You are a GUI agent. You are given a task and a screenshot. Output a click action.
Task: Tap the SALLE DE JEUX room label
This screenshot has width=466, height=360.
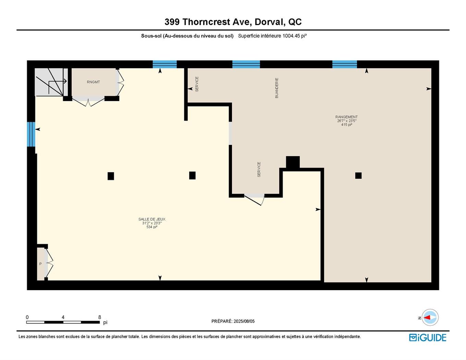click(x=152, y=219)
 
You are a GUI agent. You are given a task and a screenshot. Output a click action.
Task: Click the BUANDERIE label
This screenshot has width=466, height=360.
click(x=277, y=88)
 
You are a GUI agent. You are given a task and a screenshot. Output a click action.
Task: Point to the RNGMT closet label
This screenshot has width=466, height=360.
click(x=93, y=82)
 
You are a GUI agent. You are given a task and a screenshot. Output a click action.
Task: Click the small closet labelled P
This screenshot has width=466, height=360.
click(x=41, y=264)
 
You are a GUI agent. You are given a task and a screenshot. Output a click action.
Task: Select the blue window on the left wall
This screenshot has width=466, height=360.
click(x=31, y=134)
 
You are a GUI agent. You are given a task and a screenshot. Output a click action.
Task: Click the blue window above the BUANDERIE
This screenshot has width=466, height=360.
click(x=246, y=64)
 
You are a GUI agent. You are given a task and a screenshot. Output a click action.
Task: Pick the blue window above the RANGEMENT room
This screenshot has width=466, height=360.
click(x=344, y=64)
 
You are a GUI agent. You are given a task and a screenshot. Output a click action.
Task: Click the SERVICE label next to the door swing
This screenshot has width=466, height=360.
click(x=259, y=169)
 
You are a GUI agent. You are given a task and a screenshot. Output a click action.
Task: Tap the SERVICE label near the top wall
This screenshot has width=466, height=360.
click(x=197, y=84)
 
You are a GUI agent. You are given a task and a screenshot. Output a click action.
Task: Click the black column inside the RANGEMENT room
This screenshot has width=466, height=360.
click(x=358, y=176)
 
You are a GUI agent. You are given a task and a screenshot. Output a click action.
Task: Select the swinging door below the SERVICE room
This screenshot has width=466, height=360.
click(x=255, y=199)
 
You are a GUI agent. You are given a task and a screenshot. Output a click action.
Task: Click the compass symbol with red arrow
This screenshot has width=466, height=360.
click(x=430, y=318)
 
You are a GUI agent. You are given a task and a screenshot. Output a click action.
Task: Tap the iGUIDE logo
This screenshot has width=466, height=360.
click(x=428, y=337)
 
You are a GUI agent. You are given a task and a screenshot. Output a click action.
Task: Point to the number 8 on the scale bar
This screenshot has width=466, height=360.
click(x=100, y=317)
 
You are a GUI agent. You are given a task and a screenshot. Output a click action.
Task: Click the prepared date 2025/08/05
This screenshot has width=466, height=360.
click(x=244, y=321)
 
